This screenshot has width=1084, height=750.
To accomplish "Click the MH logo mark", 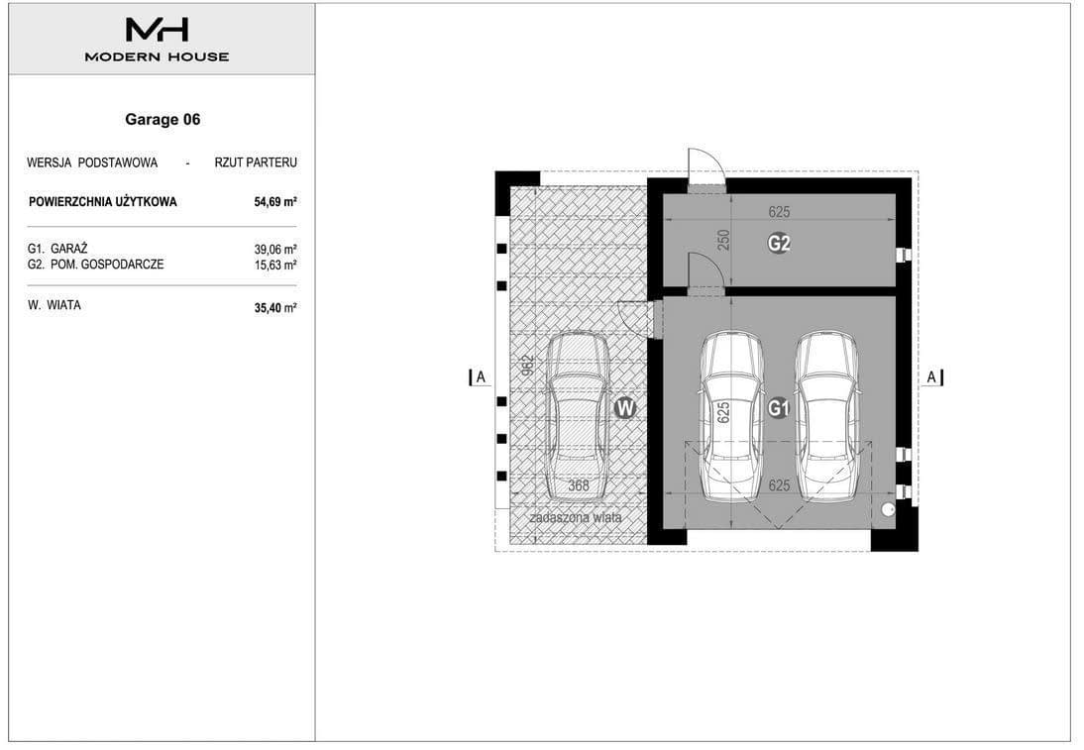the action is click(x=157, y=29).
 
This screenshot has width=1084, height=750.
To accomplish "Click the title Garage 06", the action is click(x=163, y=120).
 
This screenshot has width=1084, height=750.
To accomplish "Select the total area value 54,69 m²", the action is click(x=275, y=202).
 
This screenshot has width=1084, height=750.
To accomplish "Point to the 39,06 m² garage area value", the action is click(x=275, y=249).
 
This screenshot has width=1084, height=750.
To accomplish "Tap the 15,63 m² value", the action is click(x=275, y=265).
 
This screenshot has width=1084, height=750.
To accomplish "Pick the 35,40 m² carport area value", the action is click(x=275, y=307).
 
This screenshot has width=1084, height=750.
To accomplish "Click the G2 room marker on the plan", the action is click(x=779, y=244).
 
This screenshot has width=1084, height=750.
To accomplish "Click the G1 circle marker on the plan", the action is click(x=779, y=408).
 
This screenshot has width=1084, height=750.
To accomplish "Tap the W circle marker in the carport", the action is click(x=625, y=408).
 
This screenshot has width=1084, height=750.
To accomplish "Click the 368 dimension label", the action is click(x=579, y=485).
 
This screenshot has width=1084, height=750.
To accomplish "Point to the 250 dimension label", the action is click(x=723, y=240).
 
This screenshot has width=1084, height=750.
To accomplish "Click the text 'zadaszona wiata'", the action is click(x=575, y=518).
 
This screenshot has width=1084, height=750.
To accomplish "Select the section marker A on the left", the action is click(x=480, y=377).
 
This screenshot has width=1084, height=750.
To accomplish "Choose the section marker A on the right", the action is click(x=932, y=377).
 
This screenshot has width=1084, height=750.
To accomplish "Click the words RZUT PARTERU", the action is click(x=256, y=162).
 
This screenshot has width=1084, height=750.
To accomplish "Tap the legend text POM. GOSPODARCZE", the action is click(x=107, y=265).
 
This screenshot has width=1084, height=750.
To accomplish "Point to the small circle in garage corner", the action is click(x=888, y=509).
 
